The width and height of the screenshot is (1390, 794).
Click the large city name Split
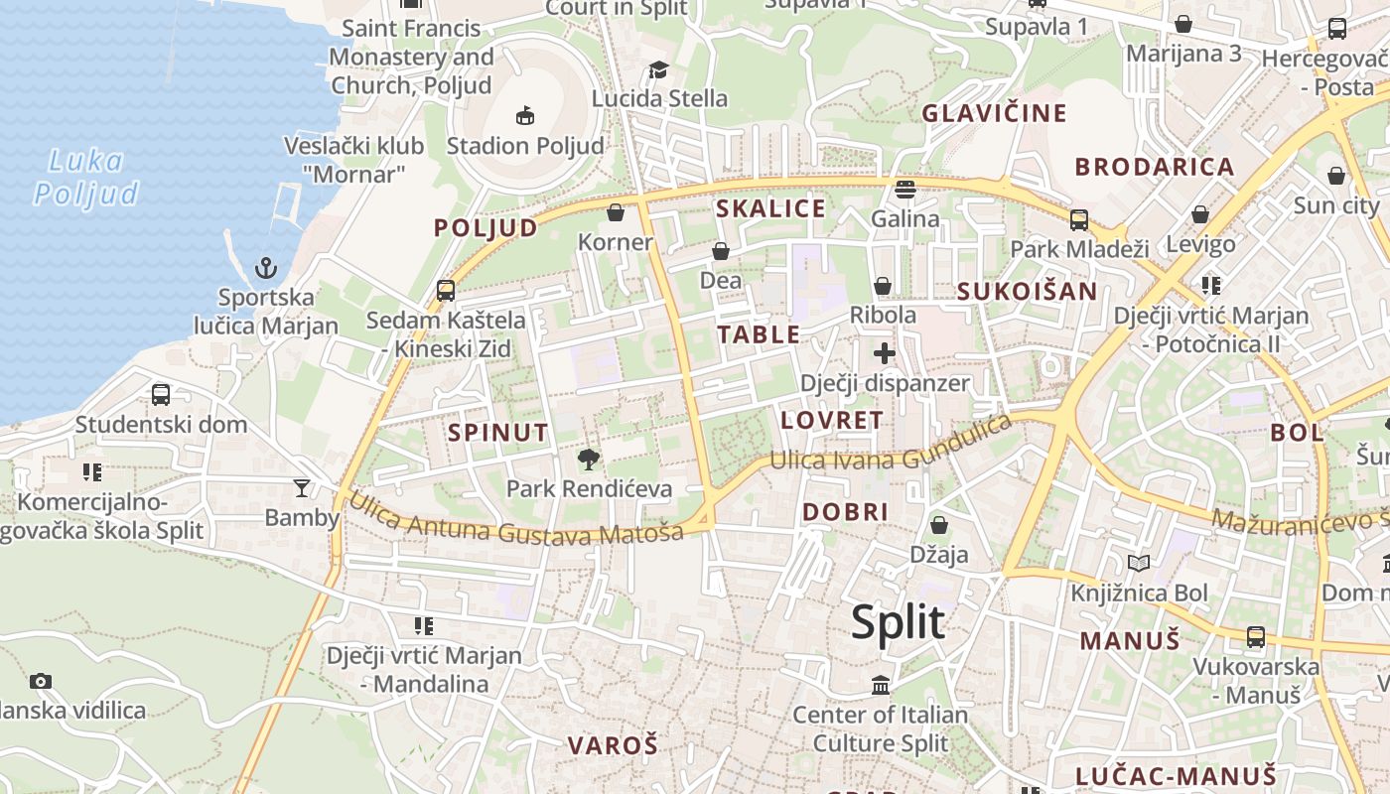(x=898, y=622)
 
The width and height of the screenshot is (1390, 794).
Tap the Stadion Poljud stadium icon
(x=525, y=115)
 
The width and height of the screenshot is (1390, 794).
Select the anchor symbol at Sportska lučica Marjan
(x=265, y=267)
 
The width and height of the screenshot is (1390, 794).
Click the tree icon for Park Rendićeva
(x=589, y=459)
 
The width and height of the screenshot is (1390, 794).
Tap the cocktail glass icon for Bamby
(x=302, y=487)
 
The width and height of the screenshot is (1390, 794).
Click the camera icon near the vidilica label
(x=40, y=681)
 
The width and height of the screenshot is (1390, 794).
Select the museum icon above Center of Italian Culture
(x=881, y=685)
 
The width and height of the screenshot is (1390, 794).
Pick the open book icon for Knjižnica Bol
(x=1139, y=564)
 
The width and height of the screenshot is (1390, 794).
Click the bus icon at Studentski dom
(x=161, y=394)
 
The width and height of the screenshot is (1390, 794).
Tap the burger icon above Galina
(x=904, y=189)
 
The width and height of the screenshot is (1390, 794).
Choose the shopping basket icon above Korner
(x=616, y=212)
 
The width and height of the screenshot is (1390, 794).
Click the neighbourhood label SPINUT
(x=497, y=433)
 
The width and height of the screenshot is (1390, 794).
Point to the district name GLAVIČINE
(x=994, y=113)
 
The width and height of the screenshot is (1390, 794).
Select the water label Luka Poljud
(x=86, y=177)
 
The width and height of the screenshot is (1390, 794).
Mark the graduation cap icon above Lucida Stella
(x=658, y=69)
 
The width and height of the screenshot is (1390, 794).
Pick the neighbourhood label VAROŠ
(x=613, y=745)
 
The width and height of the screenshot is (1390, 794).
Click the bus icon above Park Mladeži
(x=1079, y=219)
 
